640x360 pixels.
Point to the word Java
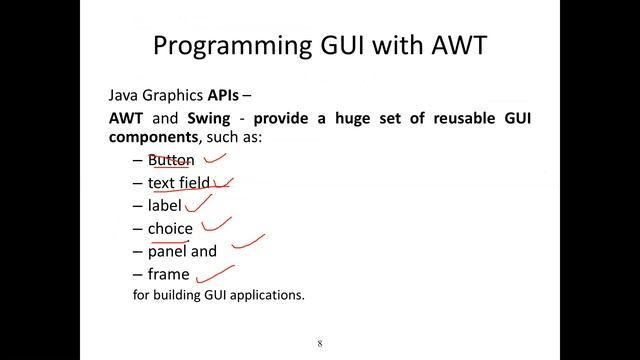[x=125, y=97]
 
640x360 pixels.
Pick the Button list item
[x=171, y=160]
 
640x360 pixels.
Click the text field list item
[x=179, y=183]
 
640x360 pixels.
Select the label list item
[x=165, y=206]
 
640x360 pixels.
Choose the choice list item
[x=170, y=229]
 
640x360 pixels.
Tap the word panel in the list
[x=167, y=252]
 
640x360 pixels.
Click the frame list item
[x=168, y=274]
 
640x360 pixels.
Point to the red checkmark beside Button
[x=215, y=156]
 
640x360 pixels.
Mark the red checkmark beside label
[x=198, y=203]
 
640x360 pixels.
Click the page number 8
[x=320, y=343]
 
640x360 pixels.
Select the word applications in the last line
[x=267, y=296]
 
